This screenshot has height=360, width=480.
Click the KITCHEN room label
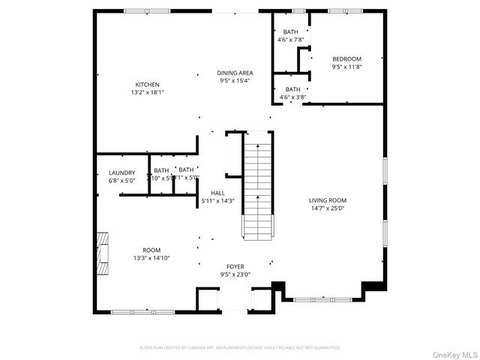coord(147,85)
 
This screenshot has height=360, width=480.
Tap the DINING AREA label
coord(235,73)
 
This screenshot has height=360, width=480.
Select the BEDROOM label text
coord(346,58)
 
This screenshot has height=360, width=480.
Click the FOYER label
coord(235,266)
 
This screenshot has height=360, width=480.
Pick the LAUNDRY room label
coord(121,172)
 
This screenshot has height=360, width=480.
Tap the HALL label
coord(217,193)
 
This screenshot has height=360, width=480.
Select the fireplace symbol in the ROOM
coord(101,250)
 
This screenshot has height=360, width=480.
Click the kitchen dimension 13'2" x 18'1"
coord(147,93)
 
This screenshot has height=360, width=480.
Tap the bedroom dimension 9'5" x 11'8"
coord(346,67)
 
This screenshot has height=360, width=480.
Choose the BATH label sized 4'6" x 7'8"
coord(291,31)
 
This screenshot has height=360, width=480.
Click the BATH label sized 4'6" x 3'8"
coord(292,88)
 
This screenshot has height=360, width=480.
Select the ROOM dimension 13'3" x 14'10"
coord(151,258)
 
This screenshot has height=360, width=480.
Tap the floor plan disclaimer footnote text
coord(240,348)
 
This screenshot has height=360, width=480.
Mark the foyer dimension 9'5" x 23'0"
coord(235,274)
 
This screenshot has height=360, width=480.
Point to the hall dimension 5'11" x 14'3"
coord(217,201)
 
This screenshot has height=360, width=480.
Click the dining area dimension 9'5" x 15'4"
coord(235,81)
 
